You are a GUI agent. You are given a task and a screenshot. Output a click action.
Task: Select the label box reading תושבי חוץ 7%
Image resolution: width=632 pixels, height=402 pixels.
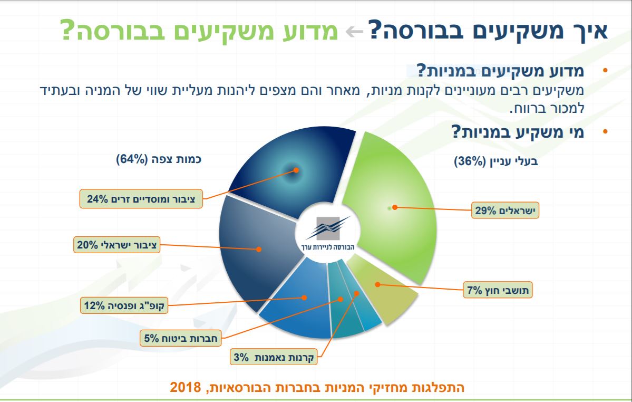point(500,290)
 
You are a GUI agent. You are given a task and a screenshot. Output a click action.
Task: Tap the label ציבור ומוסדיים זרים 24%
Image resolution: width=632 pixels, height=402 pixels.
point(142,199)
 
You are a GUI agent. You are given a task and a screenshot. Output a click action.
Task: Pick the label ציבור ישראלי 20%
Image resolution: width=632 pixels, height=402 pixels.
point(118,245)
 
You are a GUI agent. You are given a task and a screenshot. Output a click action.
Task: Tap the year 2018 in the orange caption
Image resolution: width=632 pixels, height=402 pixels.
point(182,388)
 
